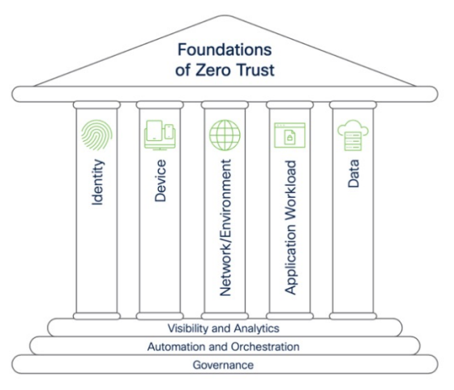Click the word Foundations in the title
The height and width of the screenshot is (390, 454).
coord(225,49)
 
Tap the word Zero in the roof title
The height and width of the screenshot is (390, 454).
coord(212,70)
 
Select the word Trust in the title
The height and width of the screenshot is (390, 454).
coord(255,70)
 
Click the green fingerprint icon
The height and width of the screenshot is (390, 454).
coord(96,135)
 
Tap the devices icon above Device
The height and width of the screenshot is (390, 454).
coord(160,135)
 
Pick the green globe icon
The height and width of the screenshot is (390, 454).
coord(225,135)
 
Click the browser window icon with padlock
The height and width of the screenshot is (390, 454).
coord(289,135)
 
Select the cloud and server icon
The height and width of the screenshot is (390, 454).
coord(353,135)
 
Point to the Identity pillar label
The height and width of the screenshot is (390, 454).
coord(97,182)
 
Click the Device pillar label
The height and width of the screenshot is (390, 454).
coord(161,180)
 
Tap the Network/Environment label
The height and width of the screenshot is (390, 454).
coord(225,228)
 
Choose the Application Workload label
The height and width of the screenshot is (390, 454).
coord(290,228)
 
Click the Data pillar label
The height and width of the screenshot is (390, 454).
coord(353,174)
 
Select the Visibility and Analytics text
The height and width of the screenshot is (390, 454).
coord(224,328)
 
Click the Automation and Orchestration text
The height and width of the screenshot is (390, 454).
coord(223,346)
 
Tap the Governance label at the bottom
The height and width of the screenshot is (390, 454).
coord(223,365)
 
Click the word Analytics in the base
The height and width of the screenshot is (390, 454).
coord(256,328)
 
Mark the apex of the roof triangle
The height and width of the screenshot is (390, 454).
coord(225,15)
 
